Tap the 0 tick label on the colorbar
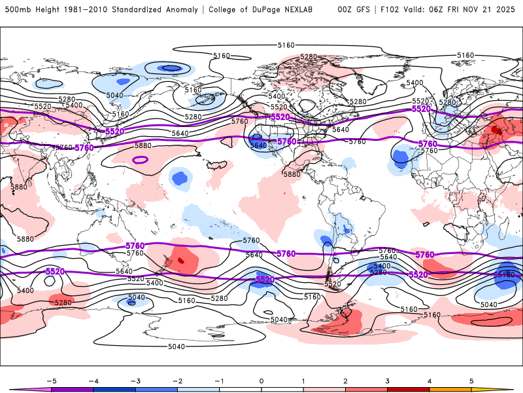tap(261, 380)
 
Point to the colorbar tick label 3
tap(388, 380)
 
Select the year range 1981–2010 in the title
tap(87, 10)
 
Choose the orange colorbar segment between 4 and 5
tap(450, 389)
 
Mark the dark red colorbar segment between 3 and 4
tap(409, 389)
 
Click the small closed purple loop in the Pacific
tap(140, 159)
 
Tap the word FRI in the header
tap(454, 10)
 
